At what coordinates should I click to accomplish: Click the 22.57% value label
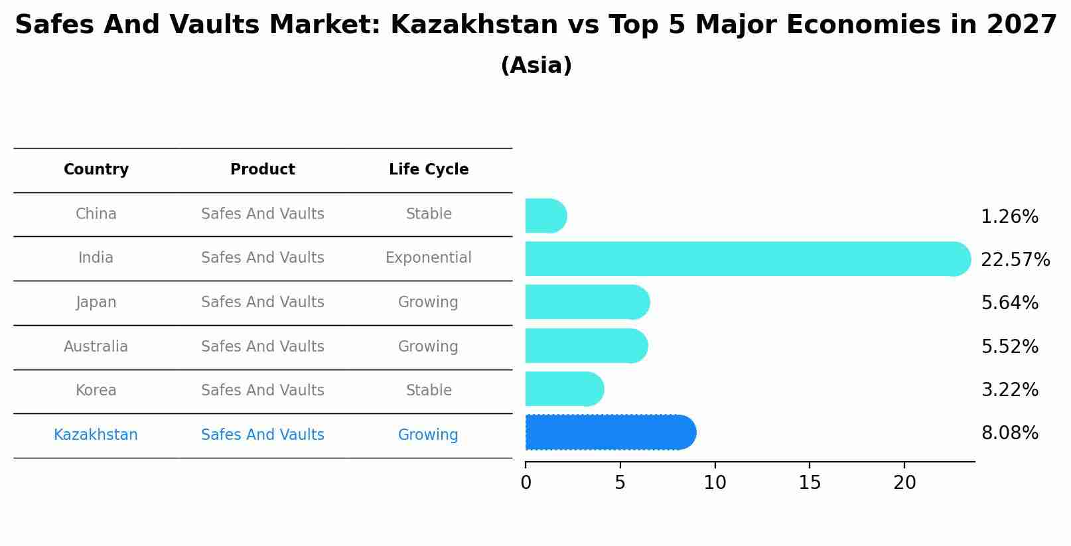(x=1015, y=259)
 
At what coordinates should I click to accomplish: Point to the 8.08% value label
(x=1009, y=433)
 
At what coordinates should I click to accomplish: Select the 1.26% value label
(x=1009, y=217)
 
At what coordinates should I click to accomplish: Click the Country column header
(x=96, y=170)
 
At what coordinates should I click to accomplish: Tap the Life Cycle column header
(x=429, y=170)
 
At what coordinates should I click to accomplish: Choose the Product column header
(x=263, y=170)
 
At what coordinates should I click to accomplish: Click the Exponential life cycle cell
(x=429, y=258)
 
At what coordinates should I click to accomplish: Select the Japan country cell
(x=96, y=303)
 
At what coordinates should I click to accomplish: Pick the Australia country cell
(x=96, y=346)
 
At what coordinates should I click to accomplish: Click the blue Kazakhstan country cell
(x=96, y=435)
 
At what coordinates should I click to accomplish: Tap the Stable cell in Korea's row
(x=429, y=391)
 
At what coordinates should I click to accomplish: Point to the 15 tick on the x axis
(x=810, y=483)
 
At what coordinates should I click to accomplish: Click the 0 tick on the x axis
(x=526, y=483)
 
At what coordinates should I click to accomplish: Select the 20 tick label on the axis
(x=904, y=483)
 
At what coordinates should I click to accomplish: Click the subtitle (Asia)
(x=535, y=66)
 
